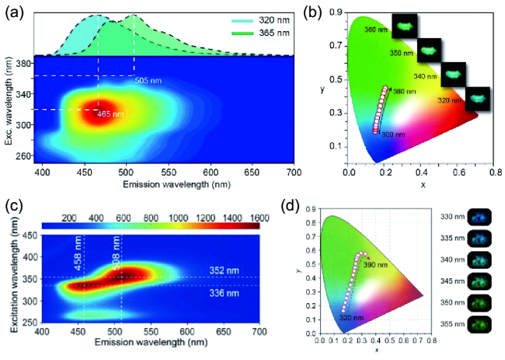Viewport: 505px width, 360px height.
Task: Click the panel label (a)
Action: (13, 10)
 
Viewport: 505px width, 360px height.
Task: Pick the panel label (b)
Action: (317, 10)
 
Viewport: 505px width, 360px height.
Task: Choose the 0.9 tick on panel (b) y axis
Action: (340, 12)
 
